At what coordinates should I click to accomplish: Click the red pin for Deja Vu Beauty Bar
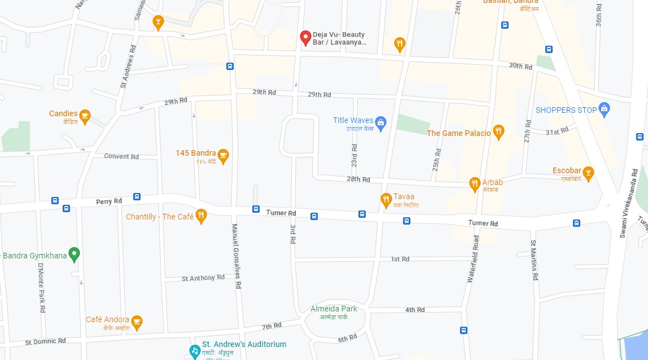[x=305, y=37]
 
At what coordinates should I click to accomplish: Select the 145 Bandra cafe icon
[x=223, y=156]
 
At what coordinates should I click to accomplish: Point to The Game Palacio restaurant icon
[x=498, y=133]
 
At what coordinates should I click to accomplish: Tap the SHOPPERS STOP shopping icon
[x=604, y=110]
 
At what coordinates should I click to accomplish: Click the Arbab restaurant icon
[x=475, y=184]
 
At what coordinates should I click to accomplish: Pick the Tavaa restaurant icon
[x=386, y=199]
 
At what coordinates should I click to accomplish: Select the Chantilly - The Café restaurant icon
[x=201, y=216]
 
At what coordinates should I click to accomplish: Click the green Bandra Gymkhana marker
[x=73, y=255]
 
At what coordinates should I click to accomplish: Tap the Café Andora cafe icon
[x=137, y=323]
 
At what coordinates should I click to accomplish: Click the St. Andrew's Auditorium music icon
[x=195, y=350]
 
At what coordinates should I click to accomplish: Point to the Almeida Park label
[x=334, y=309]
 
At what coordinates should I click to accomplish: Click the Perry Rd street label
[x=109, y=201]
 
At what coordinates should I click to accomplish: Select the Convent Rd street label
[x=121, y=156]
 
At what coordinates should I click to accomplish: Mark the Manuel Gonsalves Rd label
[x=236, y=256]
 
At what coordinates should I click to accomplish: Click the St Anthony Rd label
[x=199, y=278]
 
